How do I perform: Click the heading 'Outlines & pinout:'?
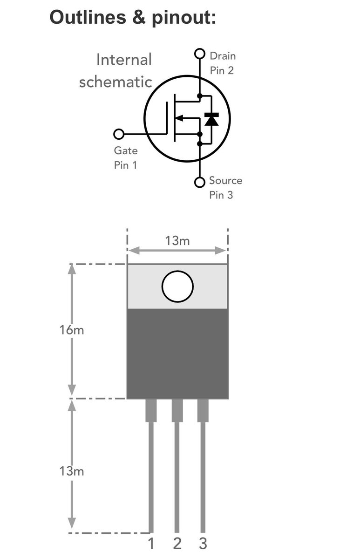tap(133, 18)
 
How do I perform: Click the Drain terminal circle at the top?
tap(200, 54)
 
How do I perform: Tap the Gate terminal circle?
tap(119, 134)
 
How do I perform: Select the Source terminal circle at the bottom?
tap(200, 182)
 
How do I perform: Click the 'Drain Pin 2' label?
tap(222, 63)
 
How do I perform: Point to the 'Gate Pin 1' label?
tap(126, 158)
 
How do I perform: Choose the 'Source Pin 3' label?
tap(225, 188)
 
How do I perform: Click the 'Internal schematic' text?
tap(116, 71)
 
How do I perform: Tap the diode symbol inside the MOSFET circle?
tap(212, 119)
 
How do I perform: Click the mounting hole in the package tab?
tap(177, 286)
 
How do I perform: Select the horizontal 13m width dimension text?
tap(177, 241)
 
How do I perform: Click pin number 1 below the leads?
tap(151, 544)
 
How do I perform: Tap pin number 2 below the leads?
tap(177, 544)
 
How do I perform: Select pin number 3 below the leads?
tap(203, 544)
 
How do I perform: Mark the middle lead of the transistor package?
tap(177, 466)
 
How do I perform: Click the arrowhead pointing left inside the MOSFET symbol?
tap(183, 118)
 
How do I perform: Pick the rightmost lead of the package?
tap(203, 466)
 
